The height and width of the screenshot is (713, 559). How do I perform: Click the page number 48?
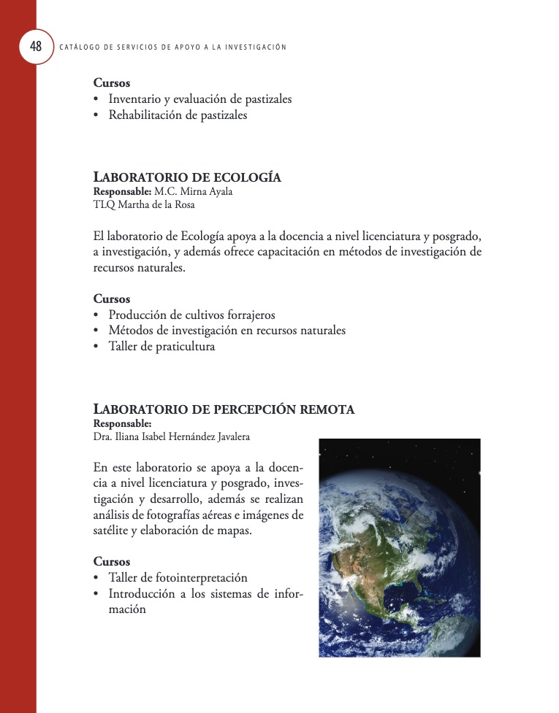[x=36, y=47]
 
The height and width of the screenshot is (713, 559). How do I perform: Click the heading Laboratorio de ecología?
[x=187, y=178]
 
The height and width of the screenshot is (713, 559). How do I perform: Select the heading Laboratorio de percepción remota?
[x=224, y=409]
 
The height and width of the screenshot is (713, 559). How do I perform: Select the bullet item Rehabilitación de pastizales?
[x=178, y=115]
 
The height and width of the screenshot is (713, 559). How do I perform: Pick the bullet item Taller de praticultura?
[x=161, y=347]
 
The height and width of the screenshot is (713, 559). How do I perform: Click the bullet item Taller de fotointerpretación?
[x=178, y=577]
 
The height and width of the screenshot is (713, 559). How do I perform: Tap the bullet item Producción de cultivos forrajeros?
[x=191, y=315]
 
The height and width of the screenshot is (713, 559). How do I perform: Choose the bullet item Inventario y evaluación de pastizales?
[x=199, y=99]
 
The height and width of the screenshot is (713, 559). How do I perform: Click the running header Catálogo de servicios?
[x=172, y=47]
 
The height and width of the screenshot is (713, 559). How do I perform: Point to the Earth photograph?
[x=399, y=547]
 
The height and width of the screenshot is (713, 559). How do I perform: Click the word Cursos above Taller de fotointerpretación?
[x=112, y=562]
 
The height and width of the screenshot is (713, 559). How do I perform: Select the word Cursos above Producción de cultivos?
[x=112, y=299]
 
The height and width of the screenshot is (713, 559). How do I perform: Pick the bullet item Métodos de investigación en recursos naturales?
[x=227, y=331]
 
